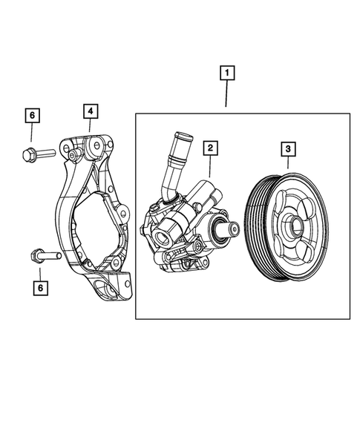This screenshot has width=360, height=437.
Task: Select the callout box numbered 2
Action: point(211,148)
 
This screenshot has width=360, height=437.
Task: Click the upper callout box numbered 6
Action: point(31,115)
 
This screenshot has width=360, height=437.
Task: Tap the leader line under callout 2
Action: point(210,168)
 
